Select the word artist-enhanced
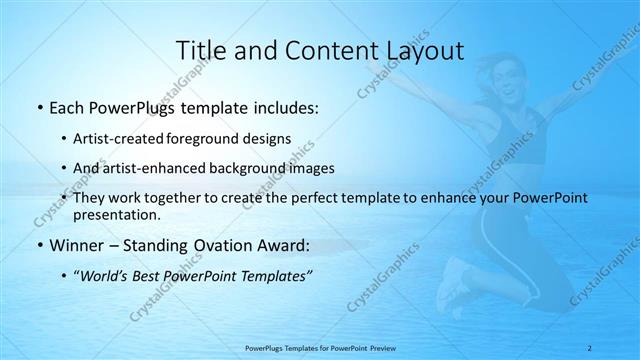tap(158, 168)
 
